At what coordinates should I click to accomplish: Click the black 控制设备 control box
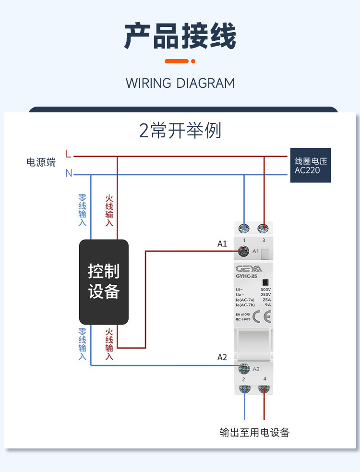tap(104, 282)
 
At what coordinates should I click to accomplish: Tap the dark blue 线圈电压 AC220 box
tap(311, 165)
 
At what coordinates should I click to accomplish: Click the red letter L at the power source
tap(68, 155)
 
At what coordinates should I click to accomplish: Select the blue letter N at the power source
tap(69, 173)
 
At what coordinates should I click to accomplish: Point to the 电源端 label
tap(41, 162)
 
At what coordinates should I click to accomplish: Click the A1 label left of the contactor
tap(222, 244)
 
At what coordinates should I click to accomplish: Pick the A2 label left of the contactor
tap(222, 357)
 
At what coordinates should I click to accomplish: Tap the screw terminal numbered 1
tap(244, 228)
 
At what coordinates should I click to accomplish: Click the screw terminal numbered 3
tap(263, 228)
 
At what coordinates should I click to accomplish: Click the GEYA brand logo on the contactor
tap(249, 269)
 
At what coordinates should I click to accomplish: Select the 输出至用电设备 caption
tap(254, 432)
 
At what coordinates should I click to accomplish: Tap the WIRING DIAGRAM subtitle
tap(180, 83)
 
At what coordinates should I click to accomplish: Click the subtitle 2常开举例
tap(180, 131)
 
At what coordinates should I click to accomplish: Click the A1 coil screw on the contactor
tap(244, 251)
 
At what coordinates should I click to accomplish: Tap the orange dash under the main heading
tap(177, 61)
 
